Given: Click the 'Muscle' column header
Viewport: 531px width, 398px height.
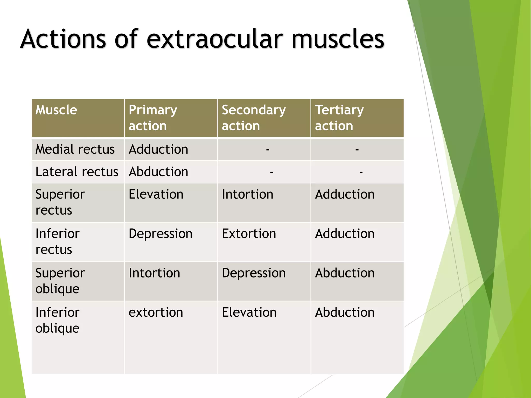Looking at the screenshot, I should coord(56,110).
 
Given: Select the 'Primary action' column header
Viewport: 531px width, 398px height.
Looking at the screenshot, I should coord(153,118).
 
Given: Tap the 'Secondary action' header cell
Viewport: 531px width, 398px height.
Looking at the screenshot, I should coord(254,118).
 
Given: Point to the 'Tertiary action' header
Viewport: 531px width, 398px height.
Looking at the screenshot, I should coord(339,118).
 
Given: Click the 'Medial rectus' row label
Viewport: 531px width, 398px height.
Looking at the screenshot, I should coord(75,149).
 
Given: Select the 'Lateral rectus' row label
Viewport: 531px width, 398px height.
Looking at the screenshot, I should coord(77,172).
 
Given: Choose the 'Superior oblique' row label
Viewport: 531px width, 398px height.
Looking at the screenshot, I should coord(60,281).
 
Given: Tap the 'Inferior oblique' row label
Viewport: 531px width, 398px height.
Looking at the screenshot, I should coord(58,320).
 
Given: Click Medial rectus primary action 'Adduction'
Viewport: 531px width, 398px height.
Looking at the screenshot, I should coord(158,149).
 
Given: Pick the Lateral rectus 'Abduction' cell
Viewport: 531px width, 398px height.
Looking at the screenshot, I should coord(158,172).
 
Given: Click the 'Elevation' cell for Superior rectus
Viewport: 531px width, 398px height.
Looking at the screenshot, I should coord(156,194).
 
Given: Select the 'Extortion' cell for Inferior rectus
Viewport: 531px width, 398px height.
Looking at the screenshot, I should coord(249,234).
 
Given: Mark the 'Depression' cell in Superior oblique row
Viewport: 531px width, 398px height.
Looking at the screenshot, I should coord(254,273).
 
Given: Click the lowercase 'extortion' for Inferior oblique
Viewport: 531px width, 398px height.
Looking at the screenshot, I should coord(156,312).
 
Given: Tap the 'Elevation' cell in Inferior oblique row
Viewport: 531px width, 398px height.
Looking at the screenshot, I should coord(249,312).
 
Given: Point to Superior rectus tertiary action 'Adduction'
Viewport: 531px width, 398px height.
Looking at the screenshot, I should coord(345,194).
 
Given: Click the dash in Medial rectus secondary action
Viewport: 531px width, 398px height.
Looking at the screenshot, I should coord(268,150).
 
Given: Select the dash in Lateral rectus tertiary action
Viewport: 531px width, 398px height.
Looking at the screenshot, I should coord(361,172).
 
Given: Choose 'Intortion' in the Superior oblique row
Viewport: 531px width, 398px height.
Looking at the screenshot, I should coord(154,273).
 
